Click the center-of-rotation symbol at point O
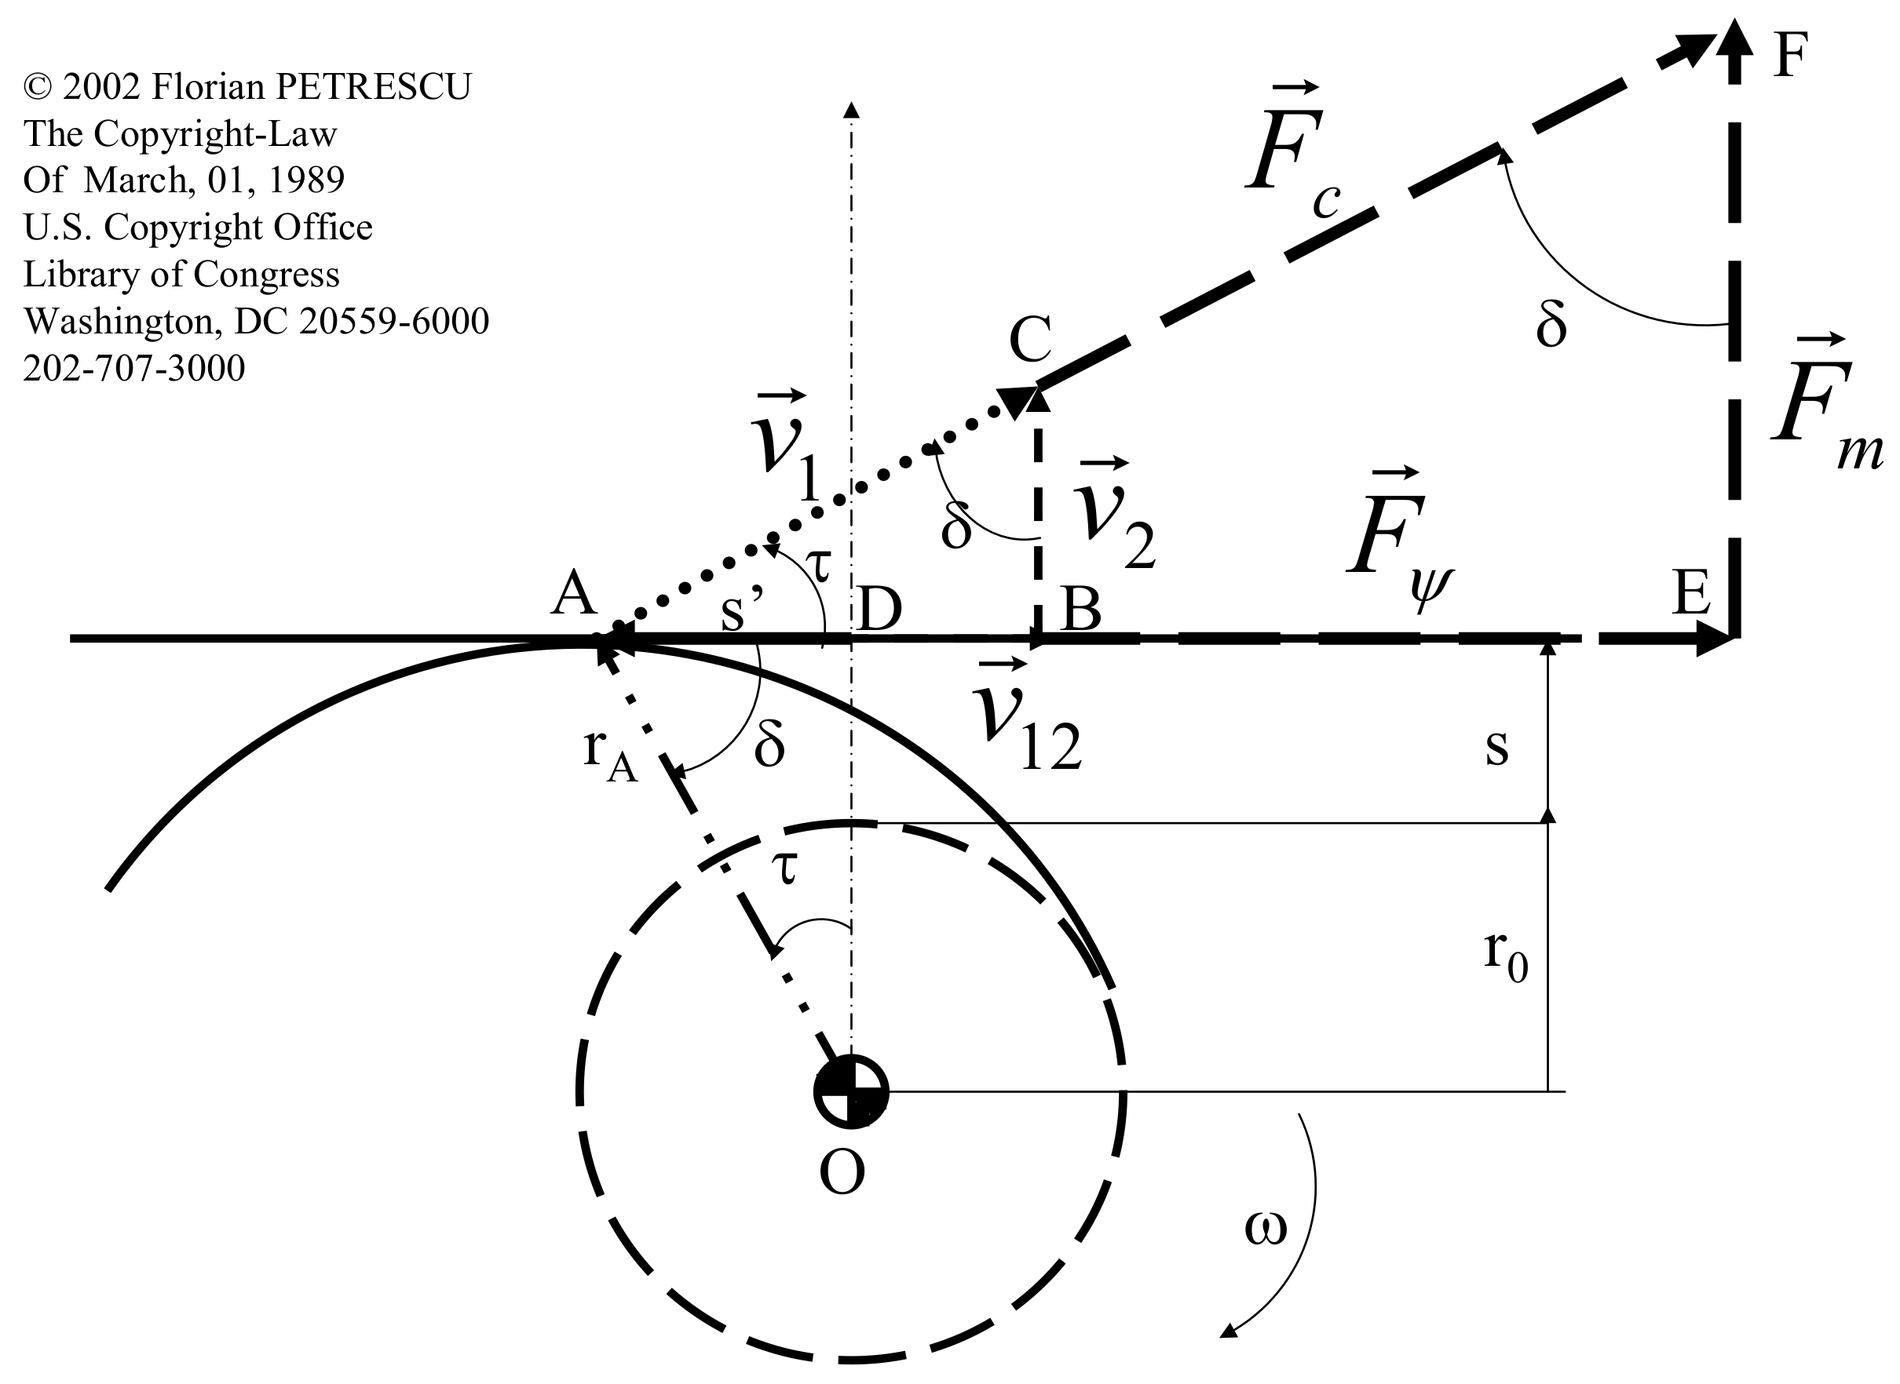point(851,1091)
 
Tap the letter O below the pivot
point(842,1173)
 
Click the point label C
point(1029,338)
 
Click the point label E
point(1690,593)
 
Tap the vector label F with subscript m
point(1823,410)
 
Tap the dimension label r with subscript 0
point(1505,956)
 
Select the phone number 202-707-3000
point(134,368)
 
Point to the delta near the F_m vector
point(1551,325)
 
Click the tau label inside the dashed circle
point(785,867)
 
